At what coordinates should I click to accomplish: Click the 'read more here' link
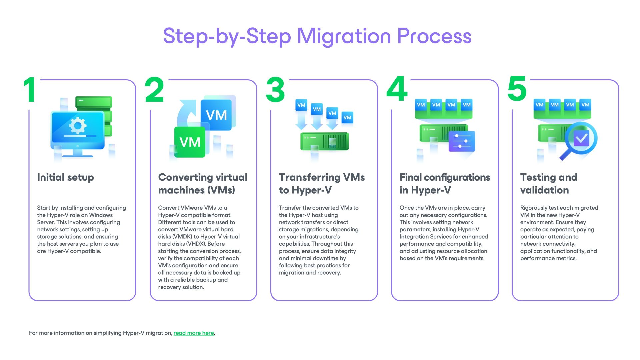coord(194,333)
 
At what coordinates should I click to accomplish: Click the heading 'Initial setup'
coord(66,177)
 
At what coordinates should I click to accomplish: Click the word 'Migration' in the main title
coord(344,36)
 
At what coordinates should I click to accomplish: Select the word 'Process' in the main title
coord(434,36)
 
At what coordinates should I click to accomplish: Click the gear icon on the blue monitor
coord(78,126)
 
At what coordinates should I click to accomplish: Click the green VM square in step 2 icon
coord(190,142)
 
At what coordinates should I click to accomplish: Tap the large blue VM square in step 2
coord(216,115)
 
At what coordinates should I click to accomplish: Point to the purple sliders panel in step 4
coord(462,141)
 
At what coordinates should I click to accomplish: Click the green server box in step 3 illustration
coord(324,141)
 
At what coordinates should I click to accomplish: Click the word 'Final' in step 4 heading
coord(410,177)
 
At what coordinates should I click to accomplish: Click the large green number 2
coord(154,89)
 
